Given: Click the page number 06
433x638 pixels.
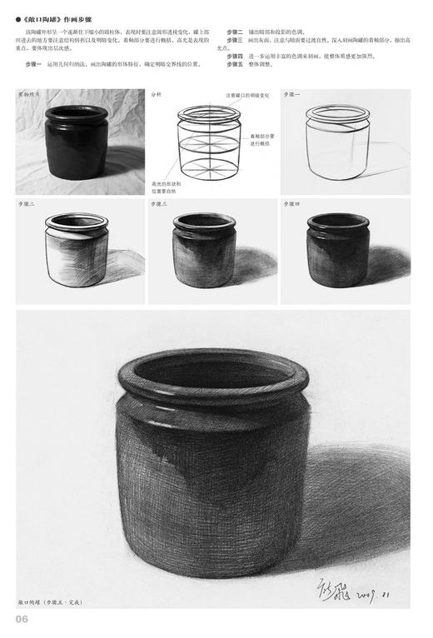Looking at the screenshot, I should click(x=22, y=618).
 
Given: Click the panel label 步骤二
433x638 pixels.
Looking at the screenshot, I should click(x=27, y=204).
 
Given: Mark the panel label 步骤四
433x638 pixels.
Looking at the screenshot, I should click(x=292, y=204).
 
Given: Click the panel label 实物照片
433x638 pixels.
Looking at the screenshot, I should click(x=30, y=95).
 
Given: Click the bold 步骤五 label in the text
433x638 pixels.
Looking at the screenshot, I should click(x=234, y=63).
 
